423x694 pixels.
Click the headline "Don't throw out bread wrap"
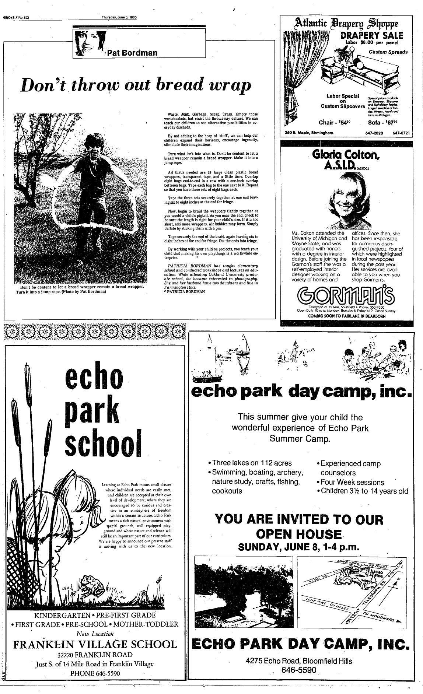(136, 85)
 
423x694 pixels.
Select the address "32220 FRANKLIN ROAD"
(95, 655)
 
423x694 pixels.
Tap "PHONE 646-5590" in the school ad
(95, 673)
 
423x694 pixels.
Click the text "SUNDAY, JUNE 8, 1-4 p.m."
(298, 547)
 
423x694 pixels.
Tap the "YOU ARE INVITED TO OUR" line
(299, 519)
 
